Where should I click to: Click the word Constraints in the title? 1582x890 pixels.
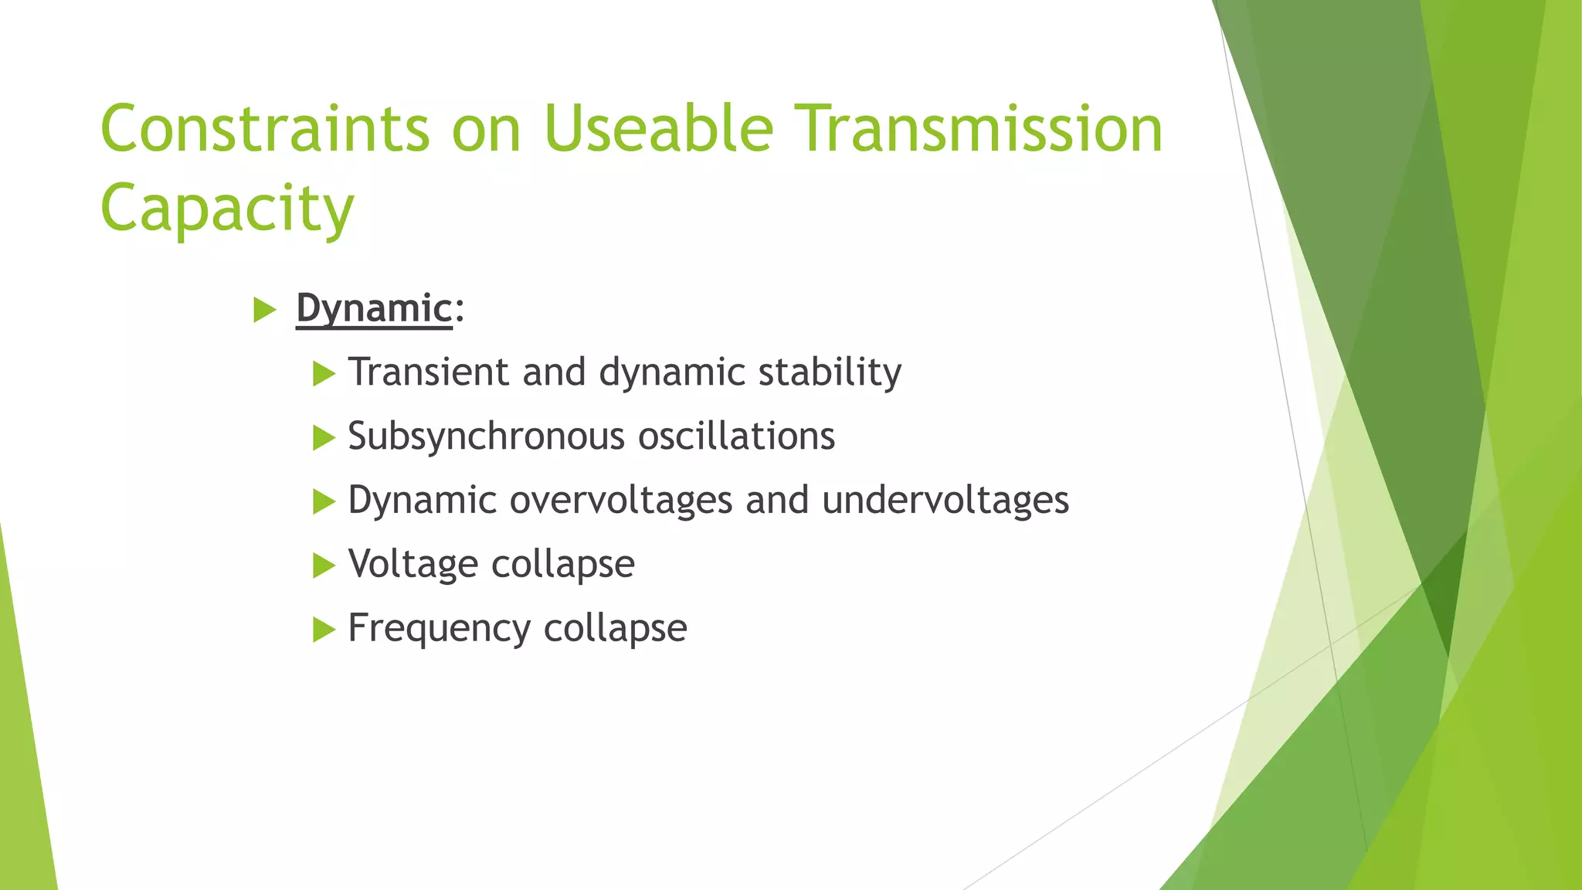(x=265, y=128)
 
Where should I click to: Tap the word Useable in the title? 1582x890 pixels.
(x=659, y=128)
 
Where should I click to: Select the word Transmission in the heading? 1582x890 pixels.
(x=982, y=128)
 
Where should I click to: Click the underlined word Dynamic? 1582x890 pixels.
(x=374, y=309)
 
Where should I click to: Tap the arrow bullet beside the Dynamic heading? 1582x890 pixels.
(x=265, y=311)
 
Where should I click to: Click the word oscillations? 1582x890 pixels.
(x=736, y=436)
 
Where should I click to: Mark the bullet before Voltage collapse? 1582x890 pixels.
(x=324, y=566)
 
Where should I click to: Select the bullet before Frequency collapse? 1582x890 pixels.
(x=324, y=630)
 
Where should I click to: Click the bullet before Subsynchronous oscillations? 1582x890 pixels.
(x=324, y=439)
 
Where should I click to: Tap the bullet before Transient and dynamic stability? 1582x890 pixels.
(x=324, y=375)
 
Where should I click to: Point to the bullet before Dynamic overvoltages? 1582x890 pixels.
(x=324, y=503)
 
